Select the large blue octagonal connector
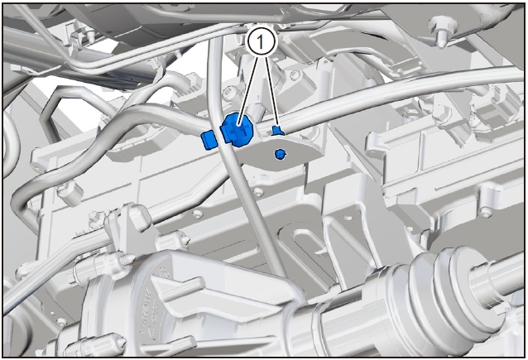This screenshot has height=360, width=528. (238, 130)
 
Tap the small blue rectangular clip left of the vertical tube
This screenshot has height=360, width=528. (208, 140)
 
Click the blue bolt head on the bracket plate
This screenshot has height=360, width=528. (281, 154)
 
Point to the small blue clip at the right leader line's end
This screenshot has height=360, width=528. (278, 130)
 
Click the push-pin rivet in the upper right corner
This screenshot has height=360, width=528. (439, 31)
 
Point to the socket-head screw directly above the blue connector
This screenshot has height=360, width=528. (231, 91)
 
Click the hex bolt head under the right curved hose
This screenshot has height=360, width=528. (442, 110)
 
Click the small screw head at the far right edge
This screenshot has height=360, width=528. (485, 212)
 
